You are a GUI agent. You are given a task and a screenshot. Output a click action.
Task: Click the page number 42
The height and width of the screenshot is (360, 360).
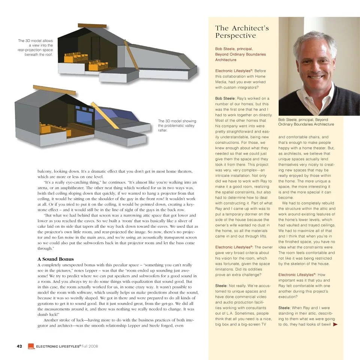point(19,346)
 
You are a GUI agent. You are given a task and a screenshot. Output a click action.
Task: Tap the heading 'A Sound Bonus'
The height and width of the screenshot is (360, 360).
point(55,259)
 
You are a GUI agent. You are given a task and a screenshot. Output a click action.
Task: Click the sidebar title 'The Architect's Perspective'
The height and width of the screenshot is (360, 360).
point(242,32)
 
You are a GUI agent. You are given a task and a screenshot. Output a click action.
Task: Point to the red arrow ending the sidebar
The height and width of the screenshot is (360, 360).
point(335,324)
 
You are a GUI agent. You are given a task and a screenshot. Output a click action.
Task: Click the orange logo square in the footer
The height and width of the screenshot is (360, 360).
point(31,347)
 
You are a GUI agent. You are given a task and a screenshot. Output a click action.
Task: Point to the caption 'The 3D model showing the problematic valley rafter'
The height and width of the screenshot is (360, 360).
point(177,125)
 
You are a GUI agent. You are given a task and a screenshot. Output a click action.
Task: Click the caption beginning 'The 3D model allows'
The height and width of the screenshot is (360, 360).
point(36,47)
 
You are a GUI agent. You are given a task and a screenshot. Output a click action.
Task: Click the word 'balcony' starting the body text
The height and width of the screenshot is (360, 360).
point(45,171)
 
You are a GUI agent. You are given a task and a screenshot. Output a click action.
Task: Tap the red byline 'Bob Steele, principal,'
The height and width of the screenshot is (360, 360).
point(234,49)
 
